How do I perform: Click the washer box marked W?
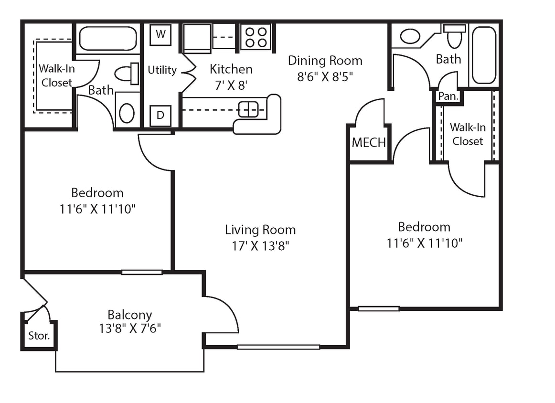click(x=160, y=34)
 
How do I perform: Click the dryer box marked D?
click(x=160, y=116)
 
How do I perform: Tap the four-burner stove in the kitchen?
click(x=256, y=37)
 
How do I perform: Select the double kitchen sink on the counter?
click(x=248, y=109)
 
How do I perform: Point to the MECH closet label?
click(x=369, y=143)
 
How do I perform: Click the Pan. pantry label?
click(x=448, y=96)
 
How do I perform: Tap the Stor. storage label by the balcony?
click(x=39, y=336)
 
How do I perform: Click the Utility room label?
click(x=162, y=70)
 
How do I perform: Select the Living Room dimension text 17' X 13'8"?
click(x=260, y=246)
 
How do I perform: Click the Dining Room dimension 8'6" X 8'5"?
click(x=325, y=77)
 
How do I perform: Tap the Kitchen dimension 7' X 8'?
click(x=231, y=85)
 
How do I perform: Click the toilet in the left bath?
click(x=127, y=74)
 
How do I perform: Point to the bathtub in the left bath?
click(x=108, y=39)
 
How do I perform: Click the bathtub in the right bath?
click(x=484, y=55)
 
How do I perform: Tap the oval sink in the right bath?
click(x=410, y=36)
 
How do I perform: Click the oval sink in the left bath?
click(x=127, y=113)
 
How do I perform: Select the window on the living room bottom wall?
click(x=278, y=347)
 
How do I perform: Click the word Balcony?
click(x=129, y=315)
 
